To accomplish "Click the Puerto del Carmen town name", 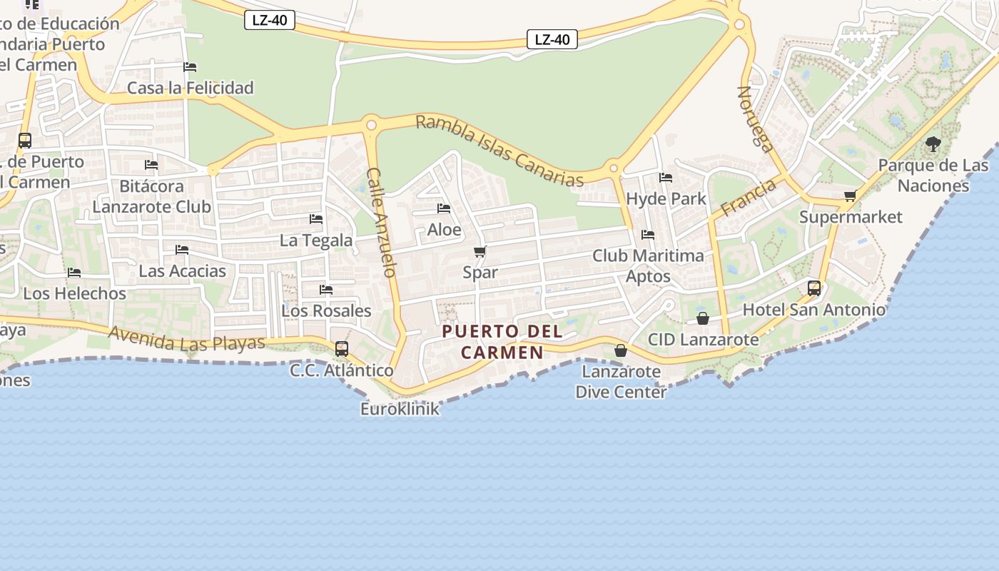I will pyautogui.click(x=502, y=342).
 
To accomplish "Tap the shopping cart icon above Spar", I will pyautogui.click(x=480, y=252).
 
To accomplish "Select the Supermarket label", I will pyautogui.click(x=851, y=217).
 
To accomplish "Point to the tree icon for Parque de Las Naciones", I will pyautogui.click(x=933, y=144).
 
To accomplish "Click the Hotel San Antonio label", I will pyautogui.click(x=813, y=310).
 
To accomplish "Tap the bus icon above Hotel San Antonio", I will pyautogui.click(x=814, y=288).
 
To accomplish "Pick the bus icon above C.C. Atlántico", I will pyautogui.click(x=342, y=349).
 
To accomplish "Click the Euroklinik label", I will pyautogui.click(x=400, y=409).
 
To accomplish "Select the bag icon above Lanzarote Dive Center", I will pyautogui.click(x=621, y=350).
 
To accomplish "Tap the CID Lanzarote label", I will pyautogui.click(x=703, y=339).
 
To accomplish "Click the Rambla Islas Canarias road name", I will pyautogui.click(x=499, y=151).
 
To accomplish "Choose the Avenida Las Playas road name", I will pyautogui.click(x=186, y=338).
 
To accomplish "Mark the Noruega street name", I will pyautogui.click(x=755, y=119).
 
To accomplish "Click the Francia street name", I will pyautogui.click(x=748, y=198).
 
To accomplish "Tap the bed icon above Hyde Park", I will pyautogui.click(x=666, y=178).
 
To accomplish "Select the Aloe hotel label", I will pyautogui.click(x=444, y=230).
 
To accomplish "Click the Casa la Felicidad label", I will pyautogui.click(x=190, y=88).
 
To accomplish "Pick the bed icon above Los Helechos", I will pyautogui.click(x=73, y=273).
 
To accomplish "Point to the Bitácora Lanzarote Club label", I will pyautogui.click(x=151, y=196).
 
